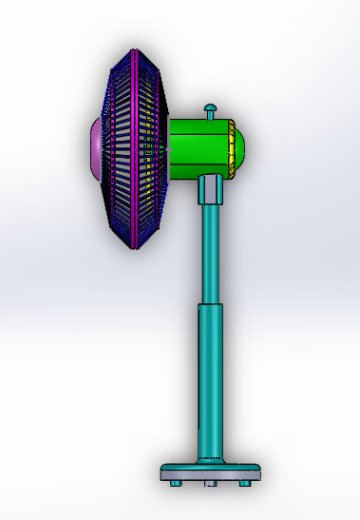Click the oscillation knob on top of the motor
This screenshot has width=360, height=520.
(x=211, y=113)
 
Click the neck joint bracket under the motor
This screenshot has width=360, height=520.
(x=210, y=190)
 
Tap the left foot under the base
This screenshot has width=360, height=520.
(x=173, y=484)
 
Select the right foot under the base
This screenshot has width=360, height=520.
(x=245, y=484)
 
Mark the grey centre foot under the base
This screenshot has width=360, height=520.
(x=210, y=484)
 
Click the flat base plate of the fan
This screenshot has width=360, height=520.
(x=210, y=472)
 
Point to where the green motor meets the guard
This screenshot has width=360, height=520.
(x=169, y=147)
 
